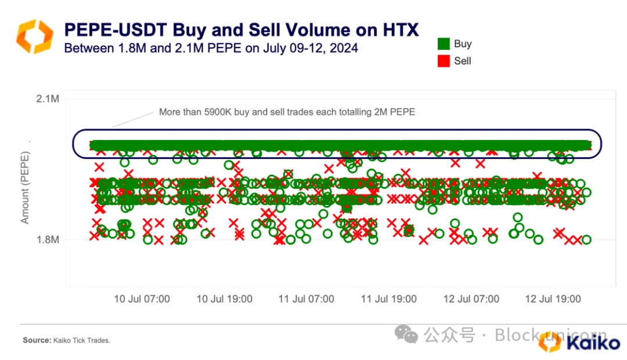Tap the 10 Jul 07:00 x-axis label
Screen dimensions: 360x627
(x=142, y=299)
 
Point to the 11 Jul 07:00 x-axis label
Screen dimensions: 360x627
(x=306, y=299)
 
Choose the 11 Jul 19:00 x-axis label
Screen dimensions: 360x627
(x=388, y=299)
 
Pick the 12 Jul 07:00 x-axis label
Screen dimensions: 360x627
(x=471, y=299)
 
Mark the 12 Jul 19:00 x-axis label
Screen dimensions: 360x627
(x=553, y=299)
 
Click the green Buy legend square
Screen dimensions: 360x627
(x=444, y=44)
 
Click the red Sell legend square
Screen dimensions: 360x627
(x=444, y=61)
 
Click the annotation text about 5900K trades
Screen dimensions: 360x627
(x=287, y=112)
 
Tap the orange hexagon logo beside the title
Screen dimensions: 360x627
(x=35, y=36)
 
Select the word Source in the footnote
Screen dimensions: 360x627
(x=36, y=340)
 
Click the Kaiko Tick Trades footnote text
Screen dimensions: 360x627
(x=81, y=340)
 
